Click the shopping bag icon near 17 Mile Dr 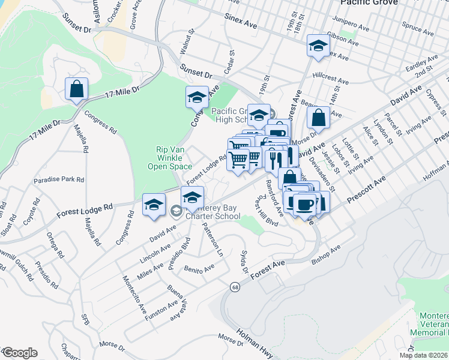(x=77, y=89)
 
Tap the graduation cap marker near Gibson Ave (x=318, y=45)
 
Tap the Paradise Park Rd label (x=59, y=179)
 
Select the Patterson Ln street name (x=212, y=238)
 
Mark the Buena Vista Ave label (x=178, y=302)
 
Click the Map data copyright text (x=423, y=355)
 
